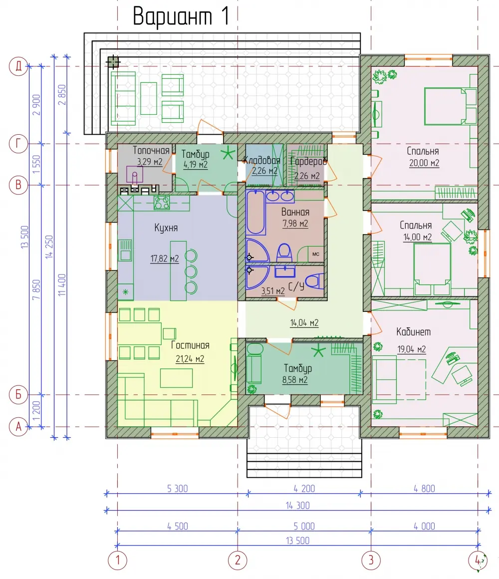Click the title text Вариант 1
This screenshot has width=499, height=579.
pyautogui.click(x=181, y=16)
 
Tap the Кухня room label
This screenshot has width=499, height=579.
pyautogui.click(x=166, y=228)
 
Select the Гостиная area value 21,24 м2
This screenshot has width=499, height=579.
pyautogui.click(x=190, y=359)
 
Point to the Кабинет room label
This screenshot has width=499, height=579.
pyautogui.click(x=413, y=331)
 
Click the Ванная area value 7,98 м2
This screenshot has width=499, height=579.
pyautogui.click(x=295, y=224)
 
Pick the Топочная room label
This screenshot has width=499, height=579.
pyautogui.click(x=151, y=150)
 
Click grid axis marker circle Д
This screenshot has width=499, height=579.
pyautogui.click(x=18, y=66)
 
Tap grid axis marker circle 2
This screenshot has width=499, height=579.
pyautogui.click(x=238, y=560)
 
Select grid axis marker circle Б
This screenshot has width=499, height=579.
pyautogui.click(x=18, y=395)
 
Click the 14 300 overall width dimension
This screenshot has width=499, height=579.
pyautogui.click(x=297, y=506)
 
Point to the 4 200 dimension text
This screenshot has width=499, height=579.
pyautogui.click(x=304, y=489)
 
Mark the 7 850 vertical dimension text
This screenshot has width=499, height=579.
pyautogui.click(x=36, y=290)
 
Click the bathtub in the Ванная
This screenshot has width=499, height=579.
pyautogui.click(x=256, y=212)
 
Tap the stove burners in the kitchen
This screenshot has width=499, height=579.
pyautogui.click(x=162, y=203)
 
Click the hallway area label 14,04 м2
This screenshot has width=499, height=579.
pyautogui.click(x=304, y=323)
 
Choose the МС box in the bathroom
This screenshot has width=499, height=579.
pyautogui.click(x=316, y=254)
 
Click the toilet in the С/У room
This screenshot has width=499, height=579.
pyautogui.click(x=315, y=281)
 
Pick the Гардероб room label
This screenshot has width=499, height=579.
pyautogui.click(x=308, y=161)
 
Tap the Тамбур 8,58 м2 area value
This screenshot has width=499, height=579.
pyautogui.click(x=295, y=380)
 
